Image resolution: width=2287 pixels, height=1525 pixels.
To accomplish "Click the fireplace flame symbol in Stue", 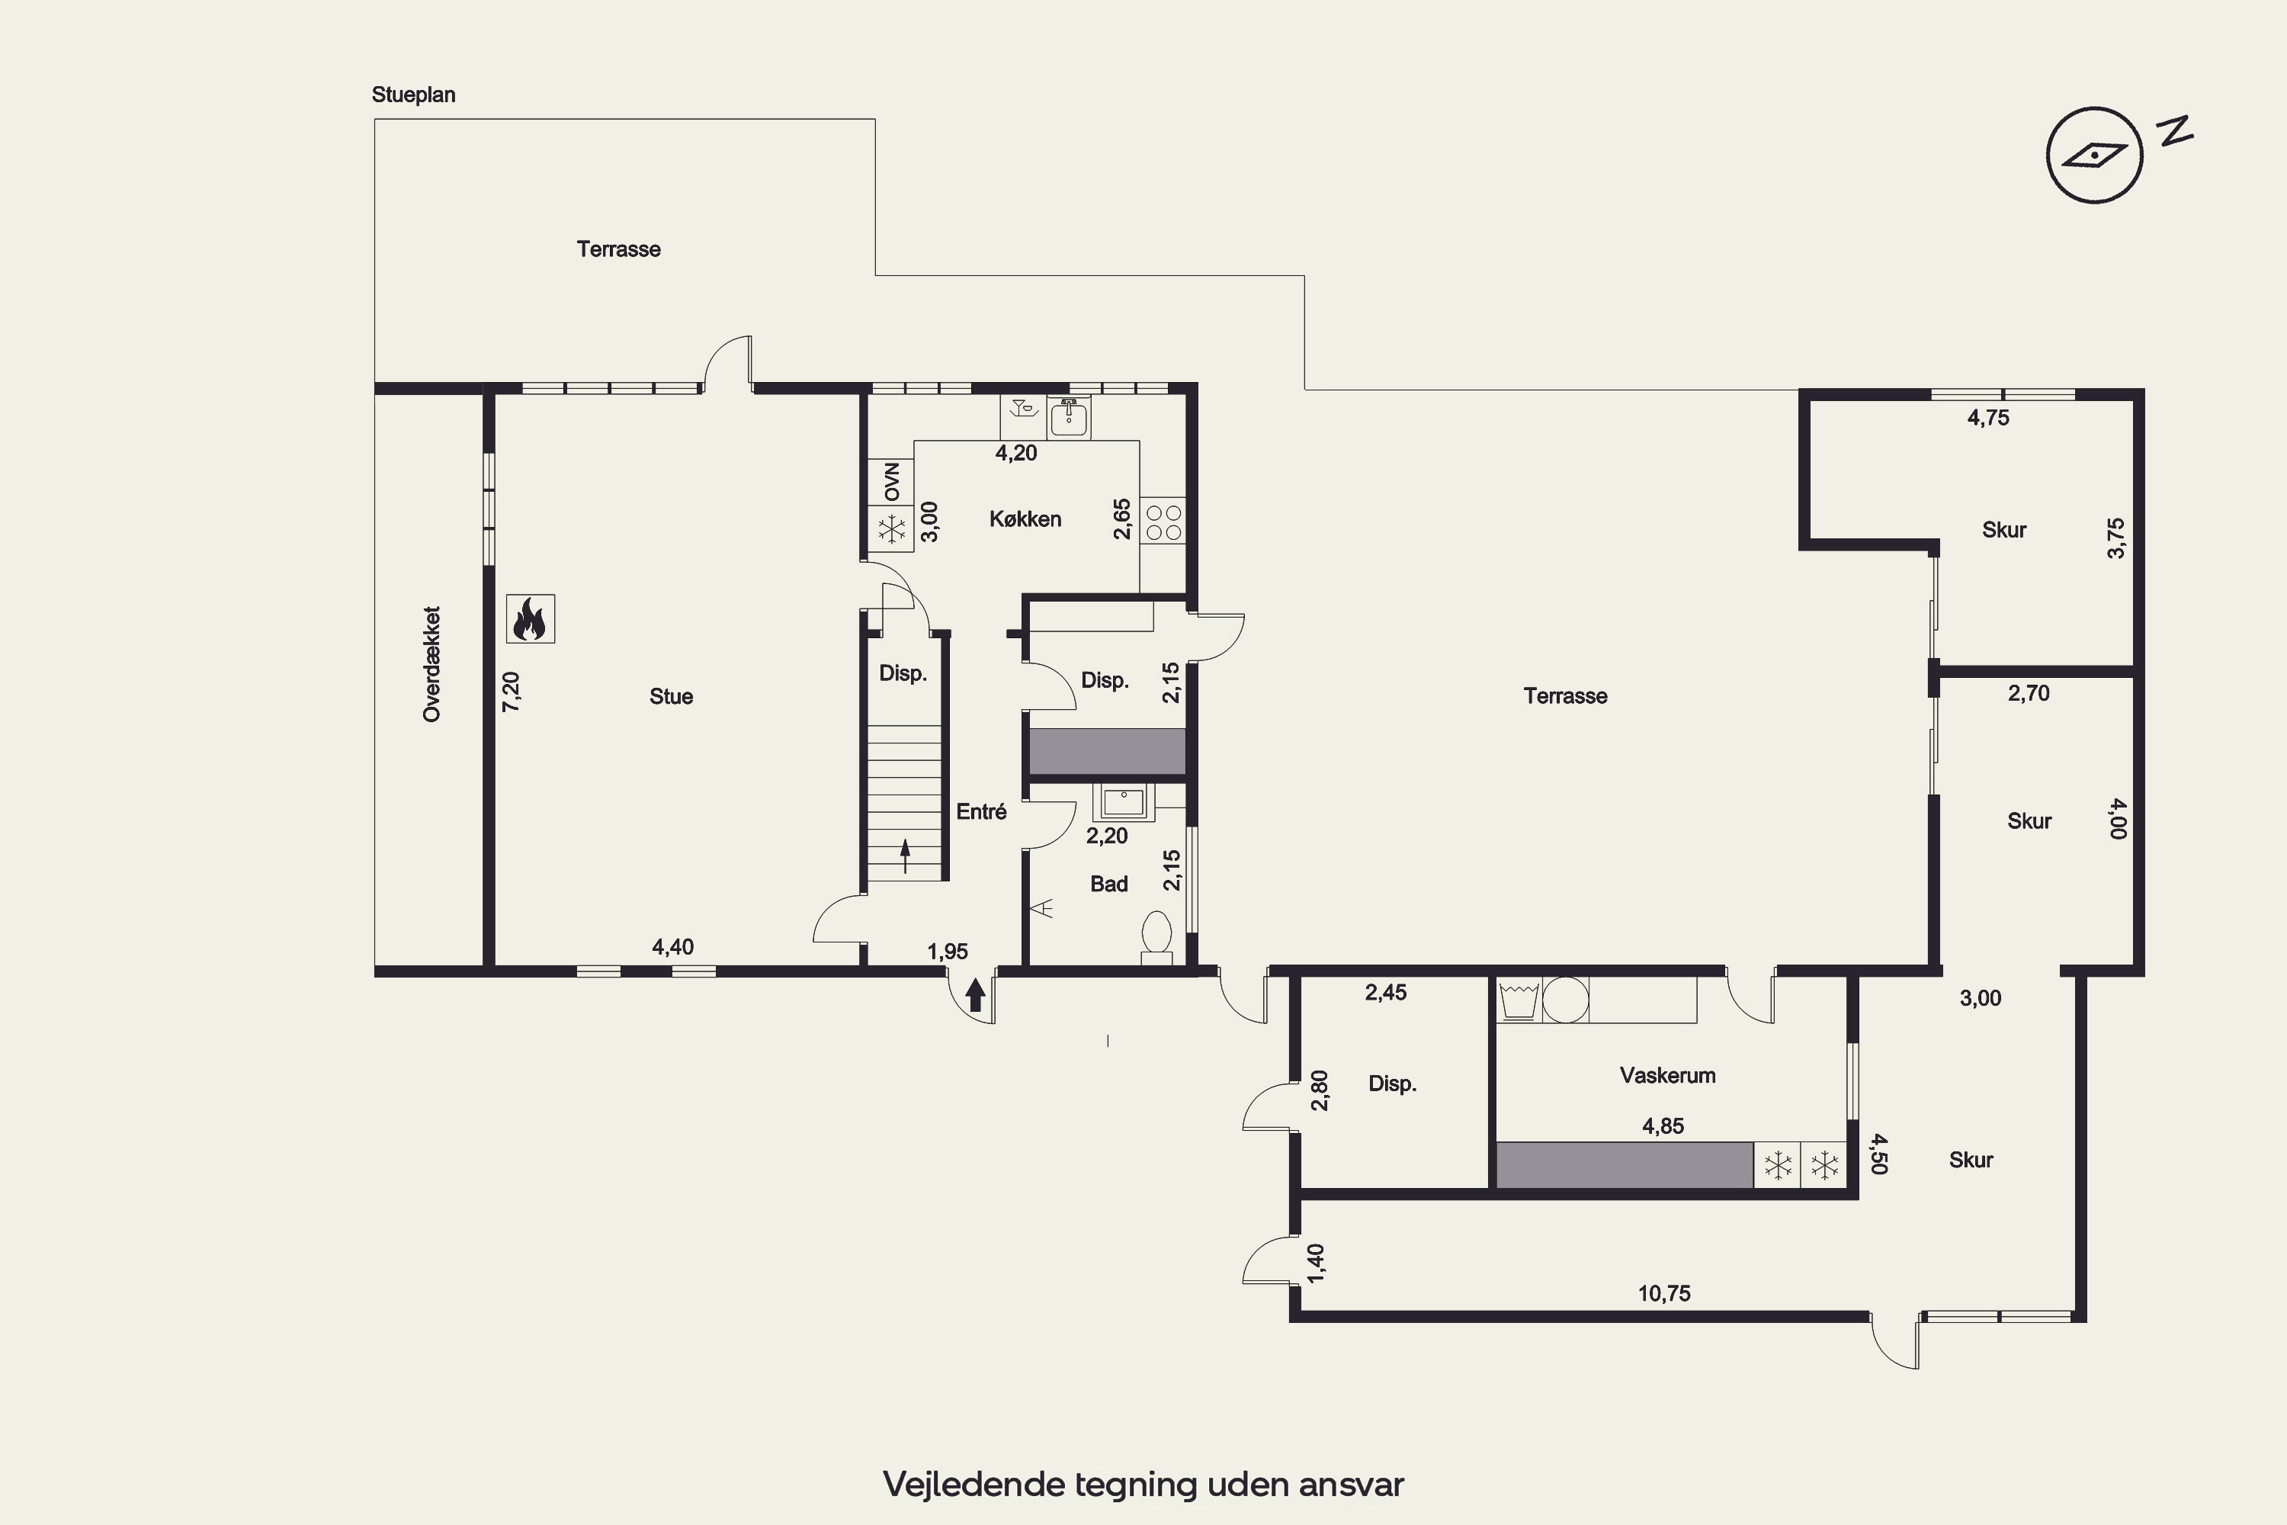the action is pyautogui.click(x=531, y=618).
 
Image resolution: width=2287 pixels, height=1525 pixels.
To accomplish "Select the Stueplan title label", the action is pyautogui.click(x=413, y=95).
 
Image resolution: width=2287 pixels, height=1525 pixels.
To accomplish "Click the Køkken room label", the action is pyautogui.click(x=1025, y=518).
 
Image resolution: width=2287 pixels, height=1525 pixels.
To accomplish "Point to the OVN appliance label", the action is pyautogui.click(x=892, y=481).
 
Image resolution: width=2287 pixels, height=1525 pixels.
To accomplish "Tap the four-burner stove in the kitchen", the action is pyautogui.click(x=1163, y=522).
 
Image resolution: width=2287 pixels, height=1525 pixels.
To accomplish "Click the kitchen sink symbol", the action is pyautogui.click(x=1069, y=417).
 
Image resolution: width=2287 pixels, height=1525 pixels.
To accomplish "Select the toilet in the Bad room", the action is pyautogui.click(x=1156, y=936).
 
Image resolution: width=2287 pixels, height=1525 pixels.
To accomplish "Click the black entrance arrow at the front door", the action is pyautogui.click(x=975, y=995).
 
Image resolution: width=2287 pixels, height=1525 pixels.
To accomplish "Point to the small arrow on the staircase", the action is pyautogui.click(x=906, y=855).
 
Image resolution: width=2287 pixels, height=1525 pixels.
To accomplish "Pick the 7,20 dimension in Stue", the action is pyautogui.click(x=511, y=692).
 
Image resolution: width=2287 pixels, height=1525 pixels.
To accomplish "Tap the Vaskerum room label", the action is pyautogui.click(x=1668, y=1074).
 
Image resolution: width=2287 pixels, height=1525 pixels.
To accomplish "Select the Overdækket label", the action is pyautogui.click(x=431, y=664).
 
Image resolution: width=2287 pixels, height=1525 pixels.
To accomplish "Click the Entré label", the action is pyautogui.click(x=981, y=811).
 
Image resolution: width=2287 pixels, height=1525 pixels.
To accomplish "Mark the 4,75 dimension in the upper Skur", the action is pyautogui.click(x=1988, y=417).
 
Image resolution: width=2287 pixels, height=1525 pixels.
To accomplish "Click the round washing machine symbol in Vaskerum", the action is pyautogui.click(x=1566, y=999).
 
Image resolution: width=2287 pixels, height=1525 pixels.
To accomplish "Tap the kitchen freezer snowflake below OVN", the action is pyautogui.click(x=892, y=530).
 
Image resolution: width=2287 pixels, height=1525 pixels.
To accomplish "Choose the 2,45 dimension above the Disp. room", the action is pyautogui.click(x=1386, y=992).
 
